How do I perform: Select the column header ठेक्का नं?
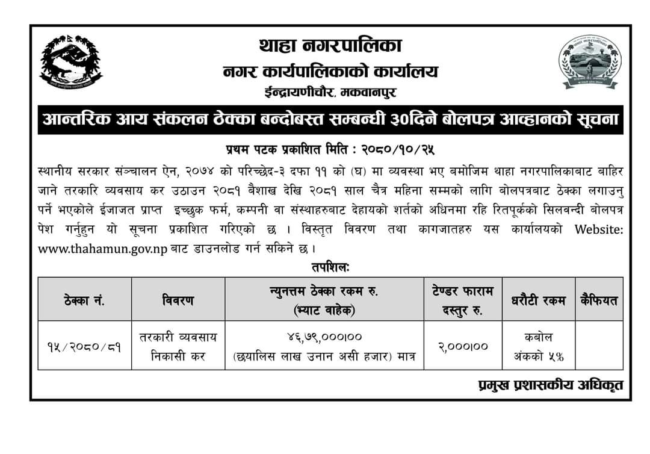tap(84, 300)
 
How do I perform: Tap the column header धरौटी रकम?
tap(537, 300)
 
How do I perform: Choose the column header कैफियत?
tap(599, 300)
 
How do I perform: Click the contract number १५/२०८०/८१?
tap(84, 346)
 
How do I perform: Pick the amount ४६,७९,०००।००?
tap(324, 336)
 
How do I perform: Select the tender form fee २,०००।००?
tap(463, 346)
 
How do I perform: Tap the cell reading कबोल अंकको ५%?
tap(537, 346)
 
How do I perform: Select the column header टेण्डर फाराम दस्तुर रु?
tap(463, 300)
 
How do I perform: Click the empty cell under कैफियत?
tap(599, 346)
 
